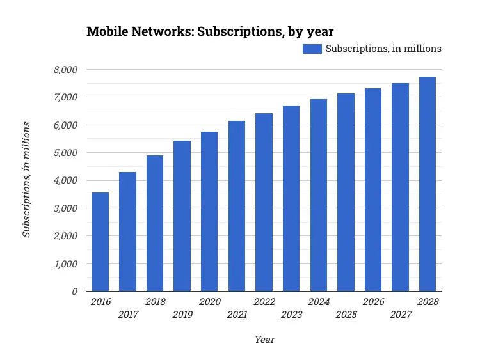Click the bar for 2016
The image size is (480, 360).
100,242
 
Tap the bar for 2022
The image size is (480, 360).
264,202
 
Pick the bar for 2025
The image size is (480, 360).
346,192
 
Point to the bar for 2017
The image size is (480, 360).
128,231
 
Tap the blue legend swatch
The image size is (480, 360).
312,49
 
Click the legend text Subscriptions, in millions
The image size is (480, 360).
383,49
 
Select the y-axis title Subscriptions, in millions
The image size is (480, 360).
26,178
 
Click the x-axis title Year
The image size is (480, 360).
264,340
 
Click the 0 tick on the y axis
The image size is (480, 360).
74,292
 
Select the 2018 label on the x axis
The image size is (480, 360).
155,302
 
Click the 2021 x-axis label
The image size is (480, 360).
237,315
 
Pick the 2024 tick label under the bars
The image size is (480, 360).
318,302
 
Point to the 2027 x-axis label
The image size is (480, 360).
400,315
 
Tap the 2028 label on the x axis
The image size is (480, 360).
428,302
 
